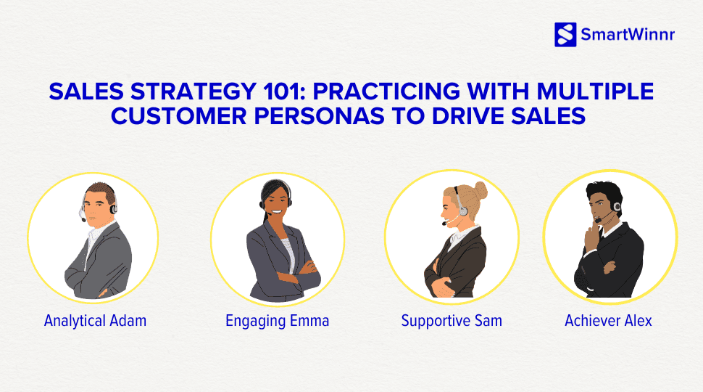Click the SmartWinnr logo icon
565,34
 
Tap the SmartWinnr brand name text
627,34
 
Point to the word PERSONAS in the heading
307,115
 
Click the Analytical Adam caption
95,320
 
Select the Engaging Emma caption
277,320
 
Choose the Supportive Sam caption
452,320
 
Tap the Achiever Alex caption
608,320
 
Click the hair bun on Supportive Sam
480,190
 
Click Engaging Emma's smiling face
275,201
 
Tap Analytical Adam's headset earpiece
112,208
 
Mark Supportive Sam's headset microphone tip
444,224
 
